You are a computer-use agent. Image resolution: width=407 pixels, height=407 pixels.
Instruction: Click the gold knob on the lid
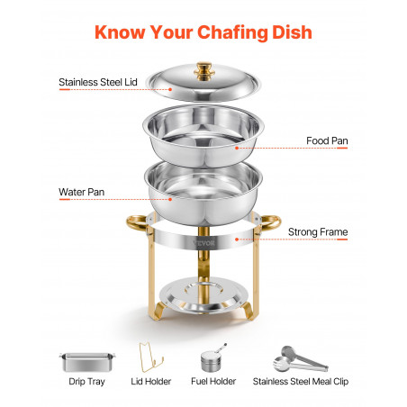(204, 71)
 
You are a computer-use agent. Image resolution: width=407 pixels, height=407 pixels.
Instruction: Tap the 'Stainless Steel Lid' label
(98, 82)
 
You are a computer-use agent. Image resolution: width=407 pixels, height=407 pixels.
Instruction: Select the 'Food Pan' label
(327, 140)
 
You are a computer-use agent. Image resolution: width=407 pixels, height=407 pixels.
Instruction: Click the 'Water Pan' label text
(82, 192)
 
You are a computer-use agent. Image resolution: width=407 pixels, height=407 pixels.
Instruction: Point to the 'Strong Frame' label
(318, 232)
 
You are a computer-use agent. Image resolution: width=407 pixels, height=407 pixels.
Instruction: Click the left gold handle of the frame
(134, 222)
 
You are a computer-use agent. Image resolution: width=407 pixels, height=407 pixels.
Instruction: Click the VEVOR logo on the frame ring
(204, 242)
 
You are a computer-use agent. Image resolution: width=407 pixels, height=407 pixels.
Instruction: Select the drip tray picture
(87, 362)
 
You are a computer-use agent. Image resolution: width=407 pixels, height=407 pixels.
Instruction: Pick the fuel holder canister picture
(212, 359)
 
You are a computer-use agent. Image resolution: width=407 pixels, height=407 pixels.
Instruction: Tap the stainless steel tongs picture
(300, 359)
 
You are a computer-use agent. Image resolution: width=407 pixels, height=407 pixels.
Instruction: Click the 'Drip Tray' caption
(86, 382)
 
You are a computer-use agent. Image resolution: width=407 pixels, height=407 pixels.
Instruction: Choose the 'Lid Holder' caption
(150, 382)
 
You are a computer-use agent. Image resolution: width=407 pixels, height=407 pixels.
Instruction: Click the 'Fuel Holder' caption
(213, 382)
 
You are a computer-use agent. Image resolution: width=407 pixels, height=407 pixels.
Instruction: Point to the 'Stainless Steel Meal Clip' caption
(301, 382)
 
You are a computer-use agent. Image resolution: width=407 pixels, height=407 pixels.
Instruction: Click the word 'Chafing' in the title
(232, 32)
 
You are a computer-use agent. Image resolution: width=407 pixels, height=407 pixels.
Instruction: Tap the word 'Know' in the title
(120, 32)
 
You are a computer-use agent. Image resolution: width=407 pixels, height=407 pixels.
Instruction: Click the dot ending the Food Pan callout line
(237, 148)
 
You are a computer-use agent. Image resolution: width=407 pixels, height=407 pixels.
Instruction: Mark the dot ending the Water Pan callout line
(170, 199)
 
